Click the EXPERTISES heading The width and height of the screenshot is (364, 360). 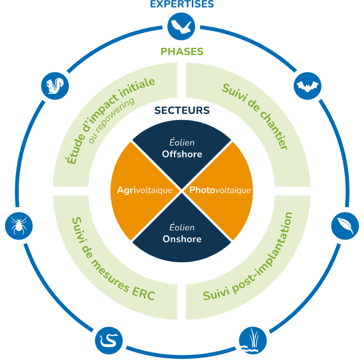coord(182,5)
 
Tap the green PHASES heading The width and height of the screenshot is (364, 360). coord(182,52)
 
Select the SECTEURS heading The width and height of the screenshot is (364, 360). coord(182,110)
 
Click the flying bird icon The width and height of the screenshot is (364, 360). coord(182,27)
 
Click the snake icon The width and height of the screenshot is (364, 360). coord(108,340)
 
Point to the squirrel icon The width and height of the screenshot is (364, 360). coord(55,86)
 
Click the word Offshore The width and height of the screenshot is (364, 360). coord(182,154)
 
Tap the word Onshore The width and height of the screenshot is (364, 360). coord(182,239)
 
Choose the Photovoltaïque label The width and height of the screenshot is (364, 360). coord(220,190)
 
